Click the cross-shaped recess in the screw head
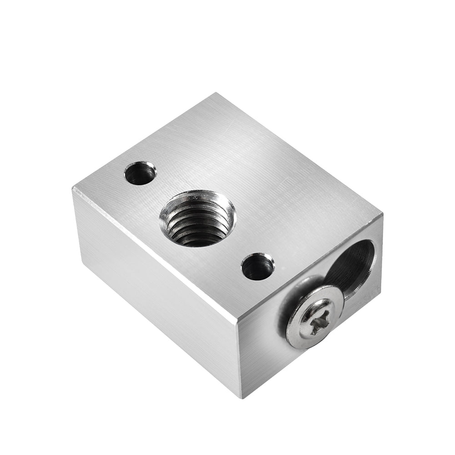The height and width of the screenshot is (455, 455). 313,316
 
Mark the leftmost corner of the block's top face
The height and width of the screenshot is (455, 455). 73,188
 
